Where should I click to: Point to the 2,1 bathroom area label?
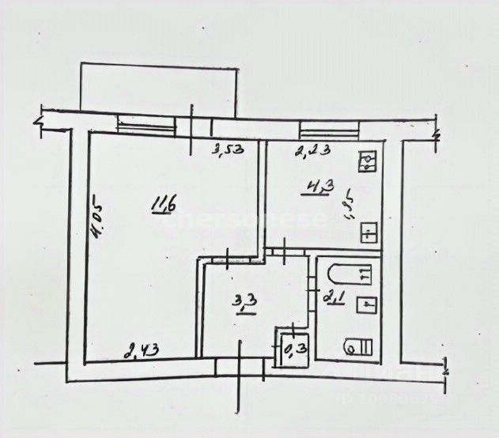tap(333, 296)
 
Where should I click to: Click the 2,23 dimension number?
tap(312, 148)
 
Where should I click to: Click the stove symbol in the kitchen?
tap(369, 163)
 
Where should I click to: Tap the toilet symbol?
tap(361, 346)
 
